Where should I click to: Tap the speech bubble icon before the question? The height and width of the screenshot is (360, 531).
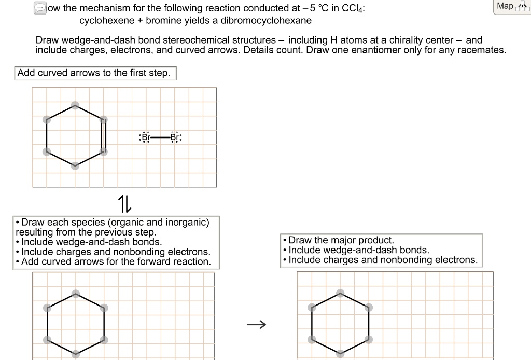[40, 8]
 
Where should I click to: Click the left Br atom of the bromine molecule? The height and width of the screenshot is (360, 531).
[144, 137]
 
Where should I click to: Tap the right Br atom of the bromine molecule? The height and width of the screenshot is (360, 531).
[176, 137]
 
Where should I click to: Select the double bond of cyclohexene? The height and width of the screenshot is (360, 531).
[104, 135]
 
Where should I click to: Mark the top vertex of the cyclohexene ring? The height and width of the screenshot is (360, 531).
[75, 104]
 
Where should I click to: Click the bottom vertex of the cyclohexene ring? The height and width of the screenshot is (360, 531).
[75, 166]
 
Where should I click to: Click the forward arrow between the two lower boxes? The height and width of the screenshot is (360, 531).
[256, 325]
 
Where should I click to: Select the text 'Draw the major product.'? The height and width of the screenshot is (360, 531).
[341, 240]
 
